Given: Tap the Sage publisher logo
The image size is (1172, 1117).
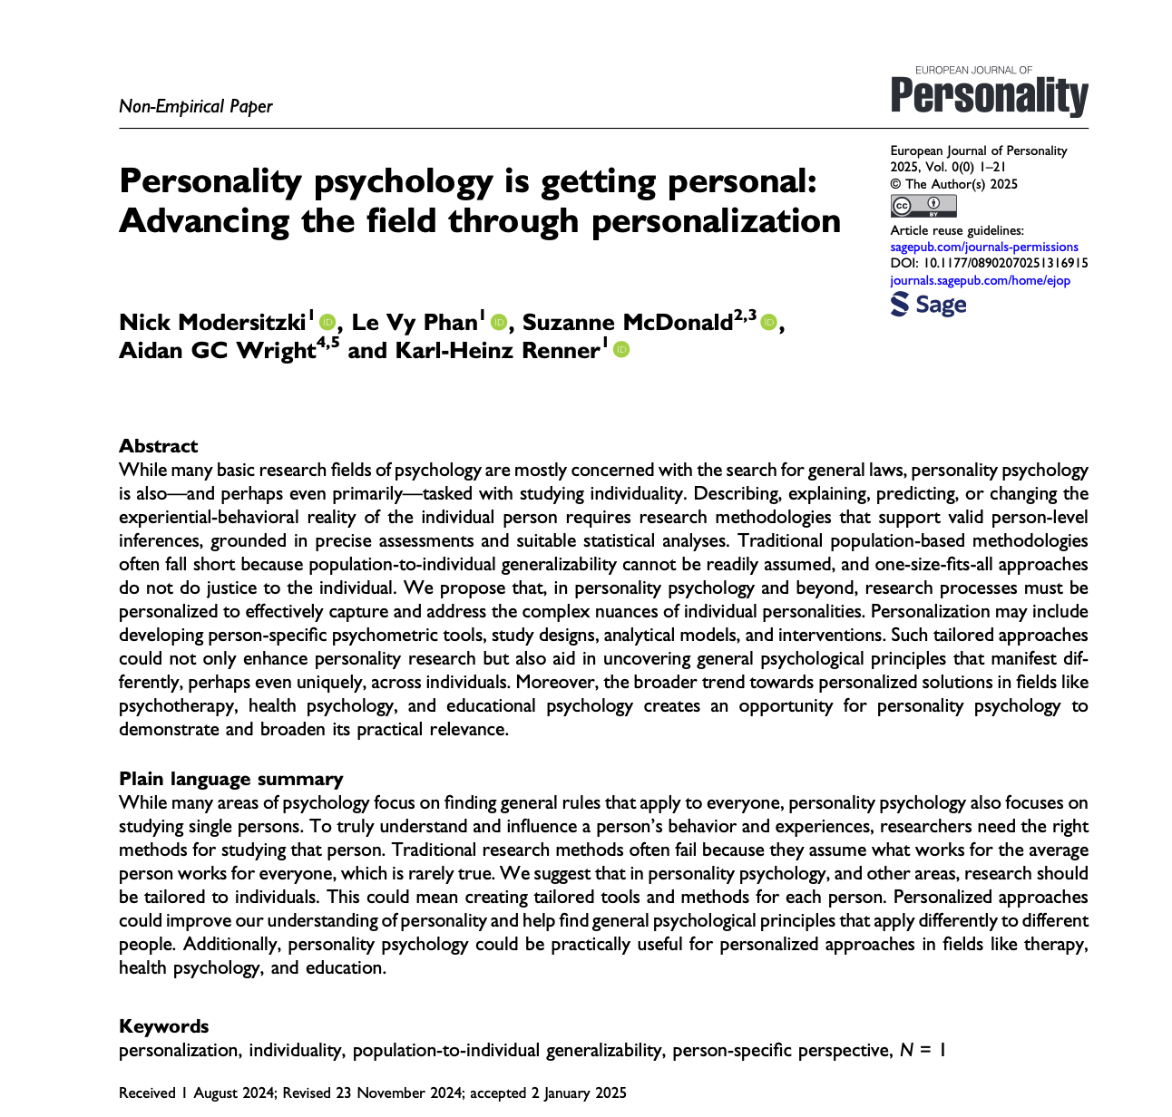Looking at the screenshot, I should coord(928,305).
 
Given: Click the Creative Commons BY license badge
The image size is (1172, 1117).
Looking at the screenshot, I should coord(923,206).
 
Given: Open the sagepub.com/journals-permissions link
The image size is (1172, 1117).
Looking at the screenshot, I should coord(984,247).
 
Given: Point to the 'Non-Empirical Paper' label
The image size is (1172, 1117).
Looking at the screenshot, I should coord(196,106).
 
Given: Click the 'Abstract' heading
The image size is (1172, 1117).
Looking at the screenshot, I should coord(158,446).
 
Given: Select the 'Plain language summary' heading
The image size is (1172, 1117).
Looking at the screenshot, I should coord(230,779).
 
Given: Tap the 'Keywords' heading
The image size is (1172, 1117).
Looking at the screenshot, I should coord(163,1026).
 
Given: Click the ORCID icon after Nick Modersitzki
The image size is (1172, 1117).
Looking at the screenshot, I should coord(327,322).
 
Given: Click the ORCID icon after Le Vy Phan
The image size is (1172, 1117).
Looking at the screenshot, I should coord(499,322).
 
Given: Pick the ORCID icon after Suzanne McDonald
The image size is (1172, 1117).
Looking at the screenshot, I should coord(769,322).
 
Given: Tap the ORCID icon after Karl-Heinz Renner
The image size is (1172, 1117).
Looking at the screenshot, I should coord(621,350).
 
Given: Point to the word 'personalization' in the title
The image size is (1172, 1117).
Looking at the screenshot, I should coord(716,221).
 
